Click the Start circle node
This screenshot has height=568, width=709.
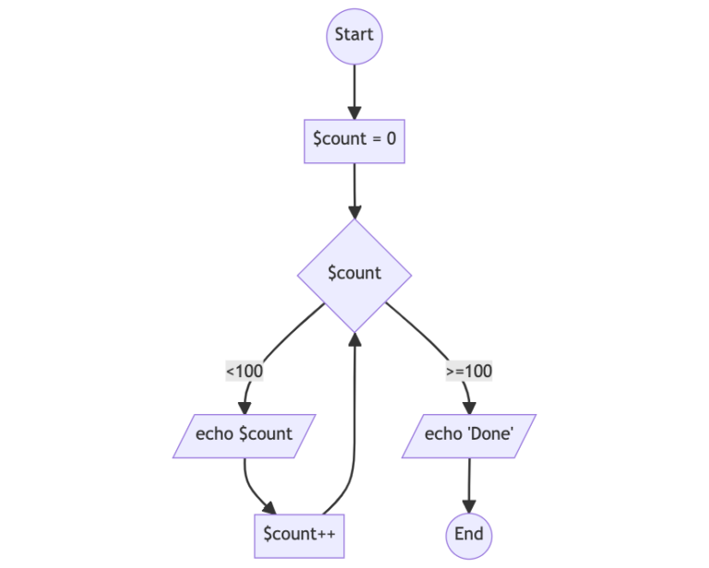[354, 36]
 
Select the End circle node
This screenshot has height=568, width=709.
[469, 534]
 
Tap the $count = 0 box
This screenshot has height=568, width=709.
[354, 141]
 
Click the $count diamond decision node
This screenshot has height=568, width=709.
[354, 274]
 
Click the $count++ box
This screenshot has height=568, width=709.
[299, 535]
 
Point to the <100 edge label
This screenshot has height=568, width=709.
[245, 372]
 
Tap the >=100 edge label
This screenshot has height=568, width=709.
[469, 372]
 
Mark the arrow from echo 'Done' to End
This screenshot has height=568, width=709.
[469, 484]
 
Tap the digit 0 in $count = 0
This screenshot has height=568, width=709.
[391, 141]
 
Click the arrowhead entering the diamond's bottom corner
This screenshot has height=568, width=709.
[354, 339]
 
